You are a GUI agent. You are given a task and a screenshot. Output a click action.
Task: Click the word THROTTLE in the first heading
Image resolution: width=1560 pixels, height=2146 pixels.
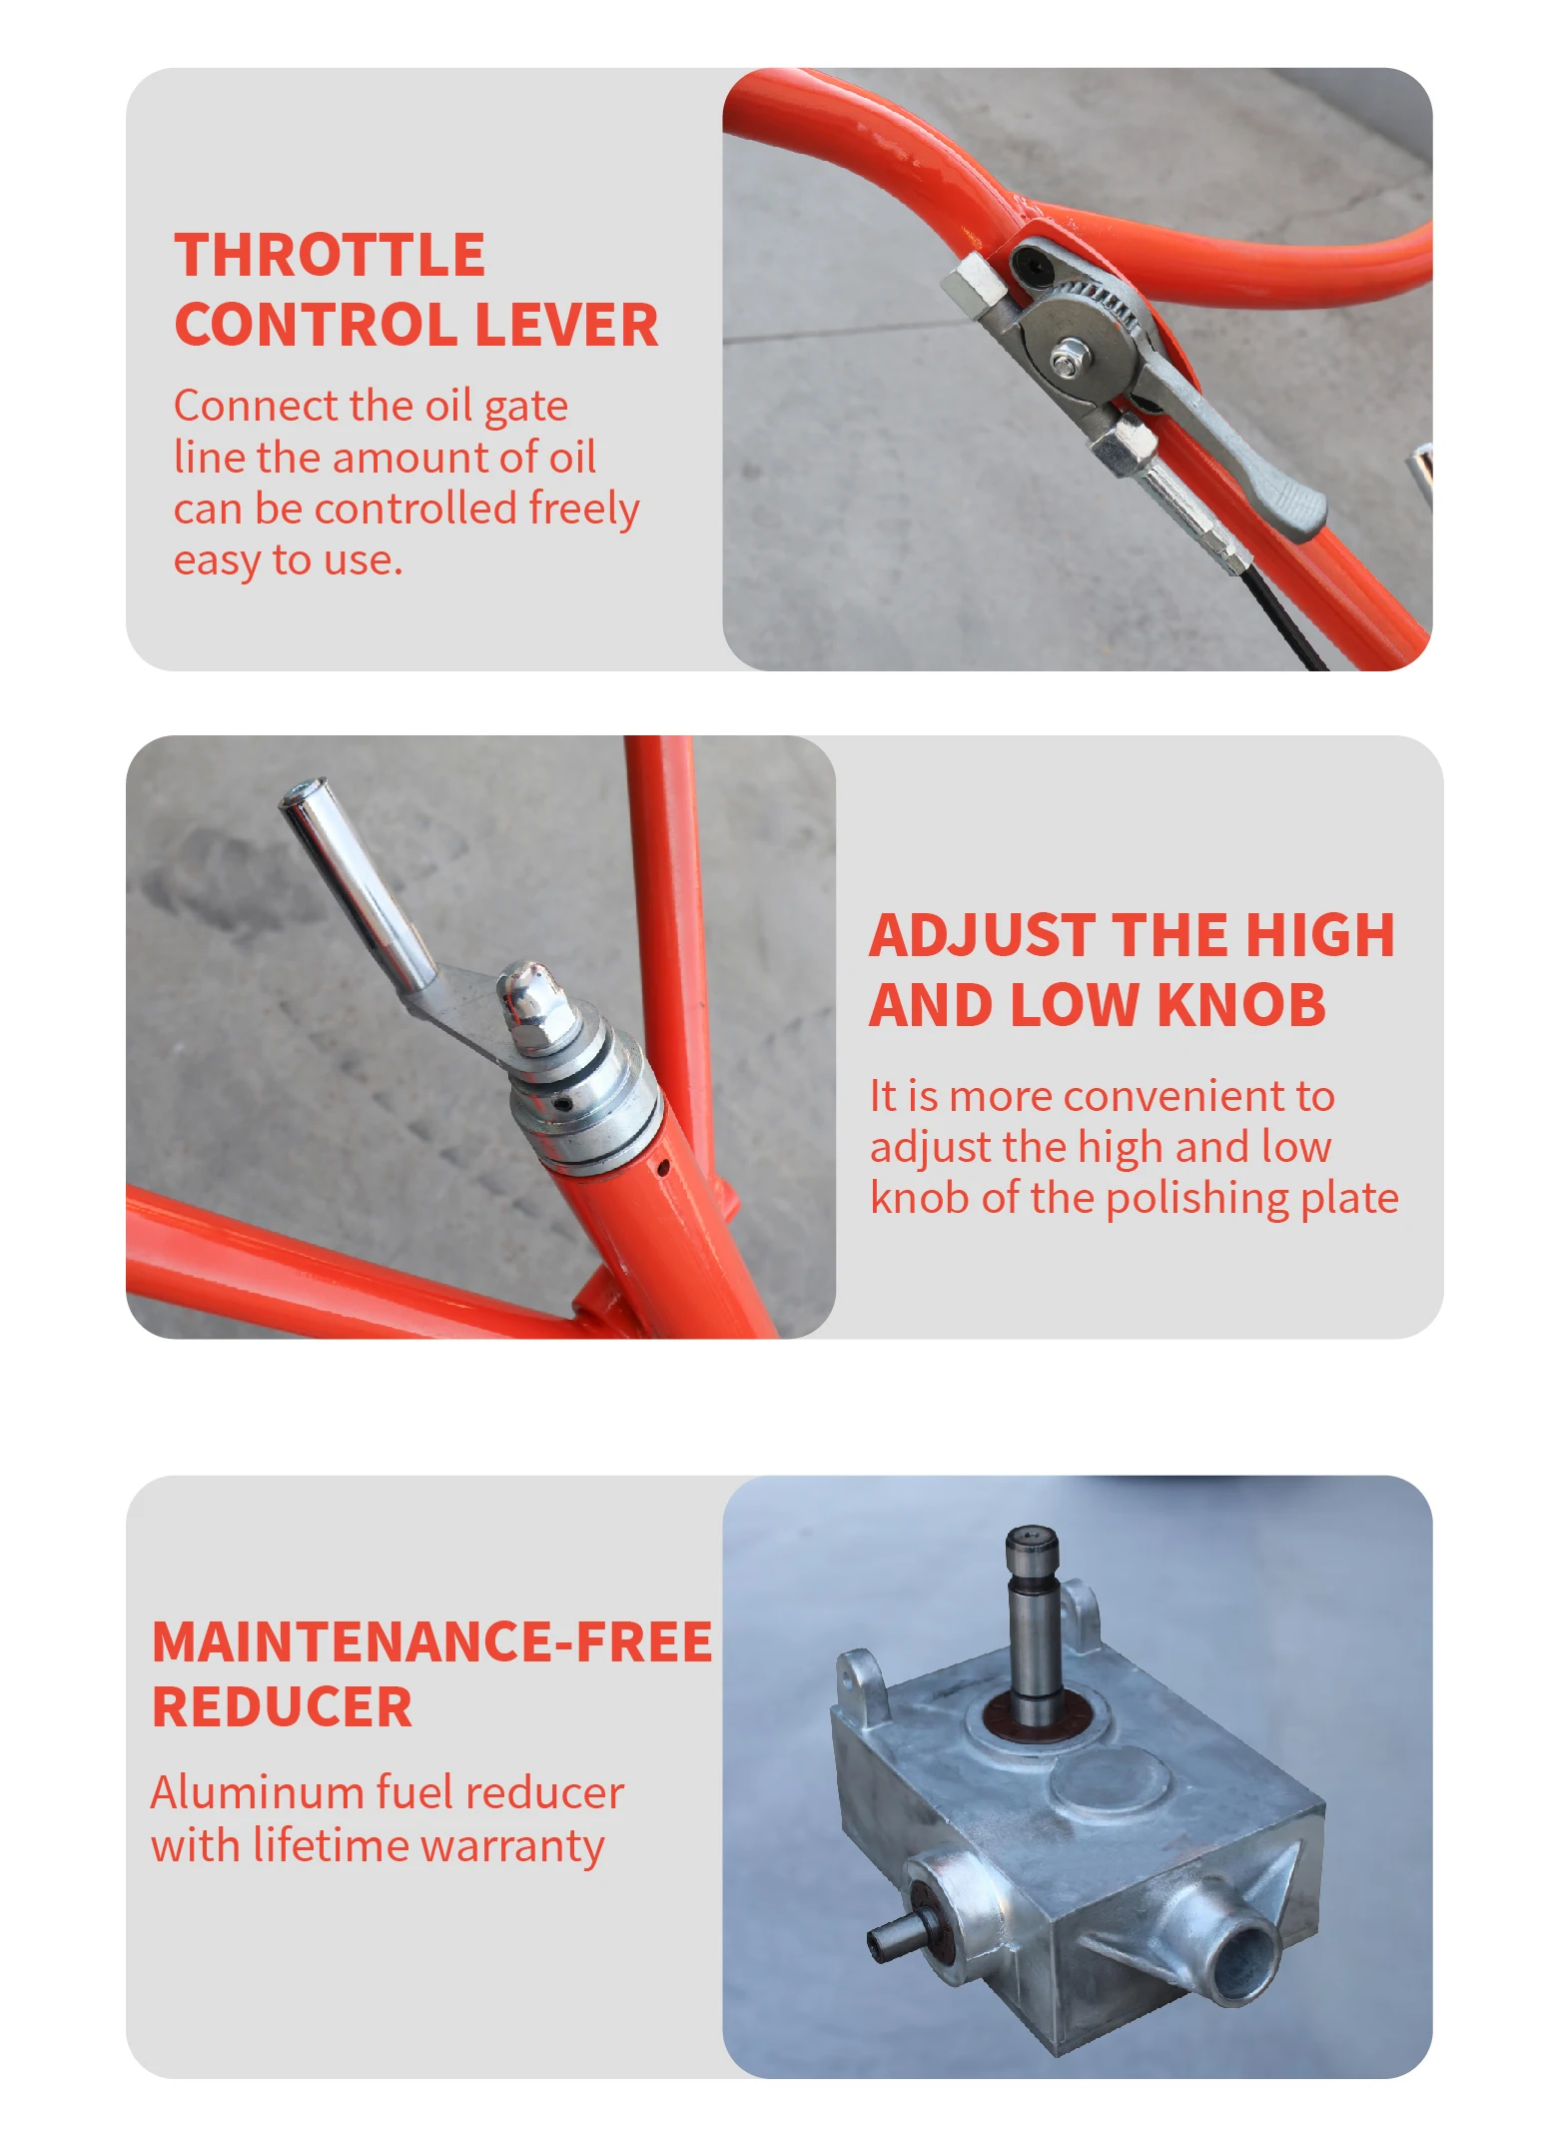click(x=330, y=255)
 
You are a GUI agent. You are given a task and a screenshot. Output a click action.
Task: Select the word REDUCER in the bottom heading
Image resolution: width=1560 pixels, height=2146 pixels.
click(x=282, y=1706)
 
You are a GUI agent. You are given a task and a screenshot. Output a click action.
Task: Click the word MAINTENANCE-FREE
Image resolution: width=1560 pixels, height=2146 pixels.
click(x=431, y=1641)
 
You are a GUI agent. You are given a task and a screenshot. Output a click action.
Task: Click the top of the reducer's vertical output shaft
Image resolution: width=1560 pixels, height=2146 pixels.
click(x=1032, y=1540)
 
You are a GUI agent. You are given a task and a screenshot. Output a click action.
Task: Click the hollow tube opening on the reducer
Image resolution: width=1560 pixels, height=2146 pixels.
click(x=1243, y=1963)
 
